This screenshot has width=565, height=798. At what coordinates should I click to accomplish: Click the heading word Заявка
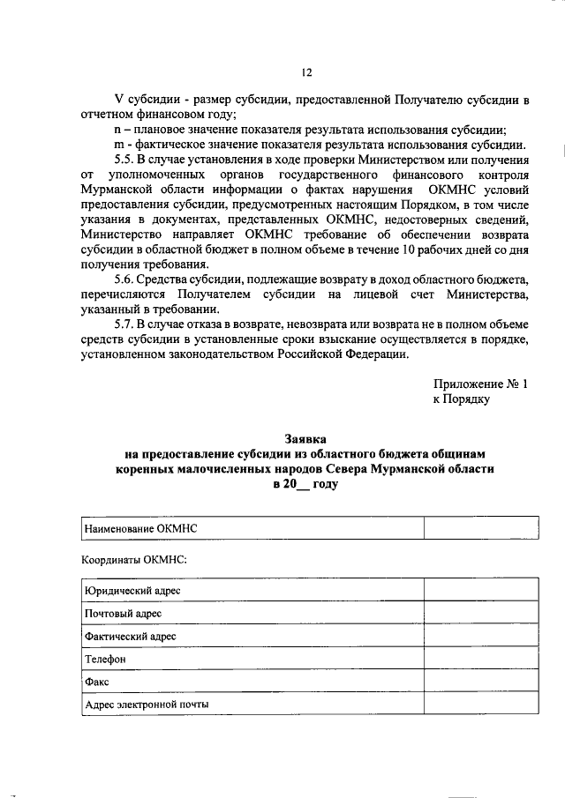click(305, 437)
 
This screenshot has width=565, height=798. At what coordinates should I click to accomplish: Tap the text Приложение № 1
click(481, 384)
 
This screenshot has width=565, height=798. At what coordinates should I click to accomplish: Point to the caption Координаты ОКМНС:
click(133, 559)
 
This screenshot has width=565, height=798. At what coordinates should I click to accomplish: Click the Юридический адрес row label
click(132, 590)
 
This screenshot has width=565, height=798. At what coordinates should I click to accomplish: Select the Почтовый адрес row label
click(123, 613)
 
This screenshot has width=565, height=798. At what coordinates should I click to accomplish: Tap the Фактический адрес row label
click(130, 636)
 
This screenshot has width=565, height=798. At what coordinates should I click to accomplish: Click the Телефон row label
click(105, 659)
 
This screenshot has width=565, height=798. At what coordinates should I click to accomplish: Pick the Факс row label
click(96, 682)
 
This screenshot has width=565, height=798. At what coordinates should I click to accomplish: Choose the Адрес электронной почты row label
click(147, 705)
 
